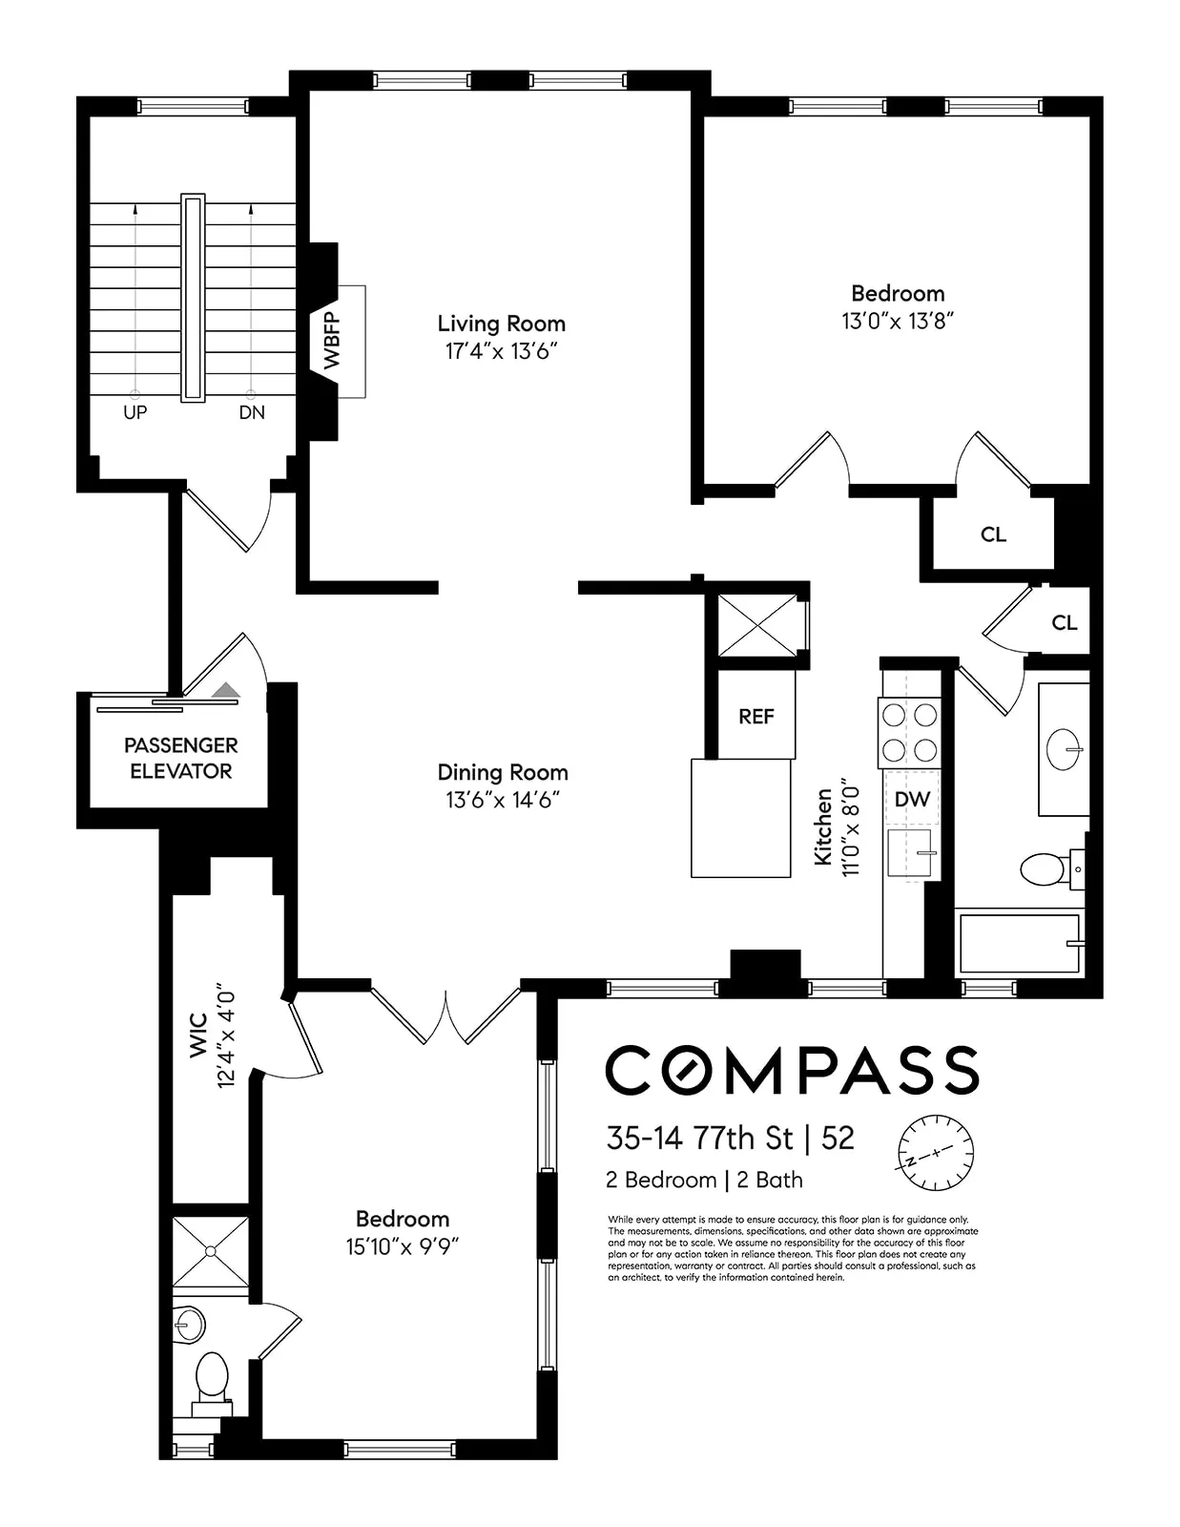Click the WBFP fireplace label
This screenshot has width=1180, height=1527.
tap(332, 341)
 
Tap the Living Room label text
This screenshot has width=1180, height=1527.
tap(501, 324)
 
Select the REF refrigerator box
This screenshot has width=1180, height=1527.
tap(756, 716)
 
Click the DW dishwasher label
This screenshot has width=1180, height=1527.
tap(912, 799)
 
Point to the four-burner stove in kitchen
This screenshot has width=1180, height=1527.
tap(909, 732)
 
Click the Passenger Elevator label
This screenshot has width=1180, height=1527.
tap(180, 758)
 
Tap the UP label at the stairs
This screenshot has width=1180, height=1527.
tap(135, 412)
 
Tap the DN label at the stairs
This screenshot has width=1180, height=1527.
tap(252, 412)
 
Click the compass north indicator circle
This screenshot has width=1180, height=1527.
tap(936, 1152)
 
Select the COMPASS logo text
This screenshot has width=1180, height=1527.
tap(792, 1070)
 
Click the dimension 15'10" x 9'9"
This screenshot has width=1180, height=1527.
tap(403, 1246)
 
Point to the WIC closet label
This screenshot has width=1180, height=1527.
tap(198, 1035)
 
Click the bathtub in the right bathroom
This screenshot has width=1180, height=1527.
tap(1020, 943)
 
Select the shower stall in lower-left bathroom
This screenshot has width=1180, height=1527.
tap(211, 1251)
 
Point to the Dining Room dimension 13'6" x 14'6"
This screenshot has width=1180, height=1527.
tap(502, 800)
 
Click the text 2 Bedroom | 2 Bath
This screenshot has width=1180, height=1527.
tap(704, 1181)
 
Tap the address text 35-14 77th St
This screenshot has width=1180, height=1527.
tap(699, 1138)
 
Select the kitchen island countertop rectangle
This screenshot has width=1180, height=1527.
tap(741, 818)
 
